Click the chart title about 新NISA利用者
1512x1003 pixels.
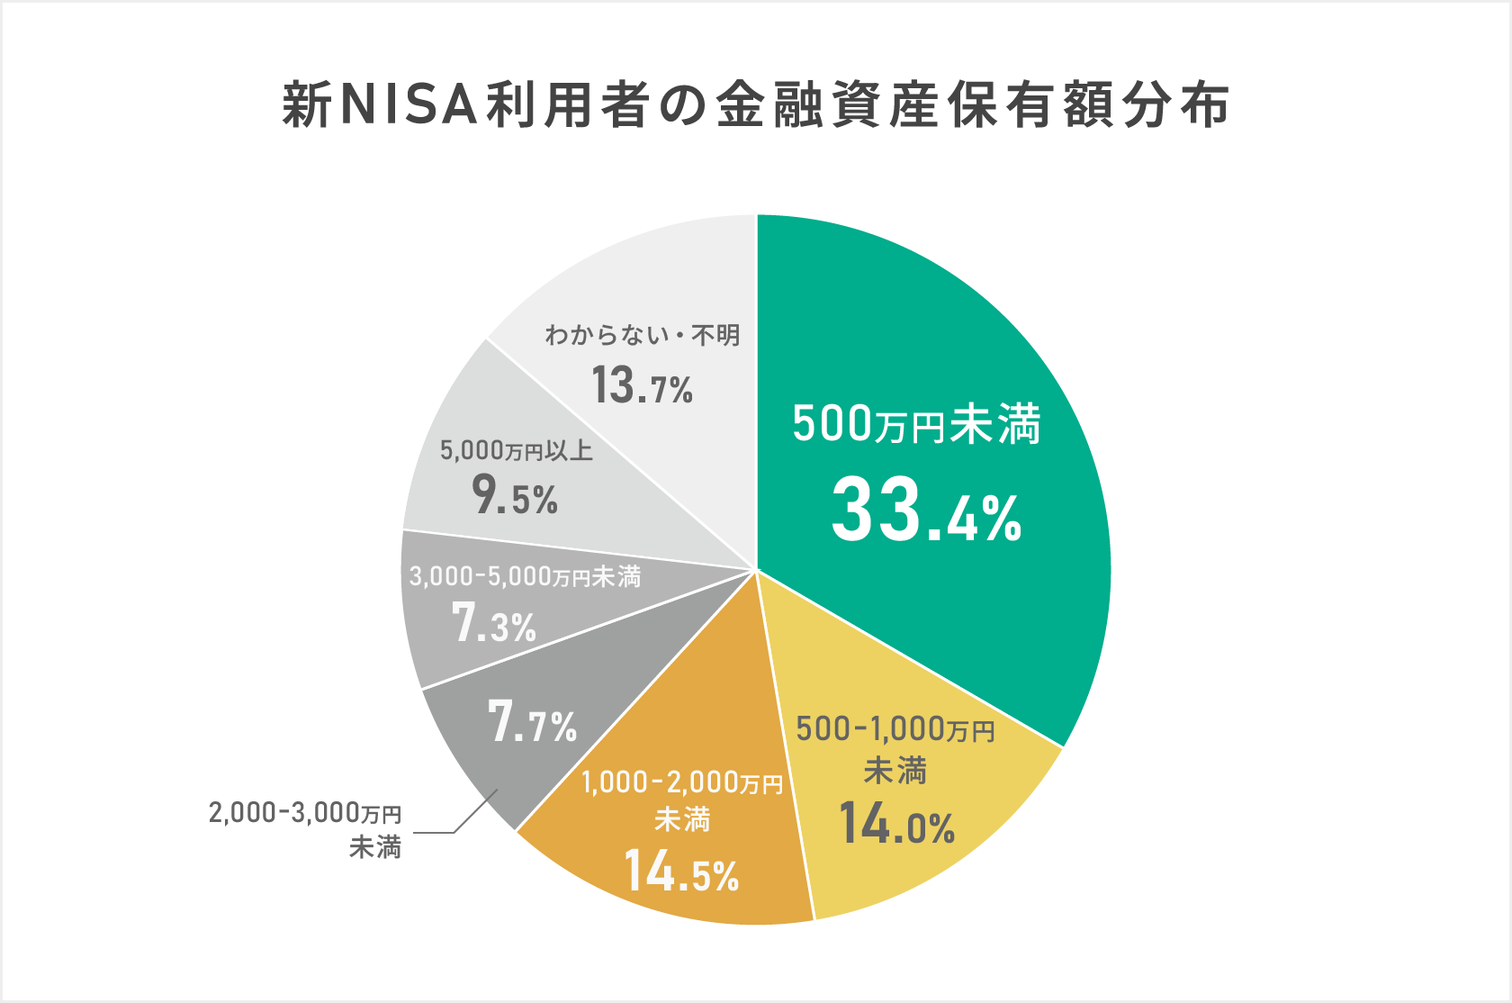[x=756, y=105]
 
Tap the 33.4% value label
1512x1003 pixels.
[x=926, y=511]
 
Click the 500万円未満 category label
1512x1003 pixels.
[x=916, y=423]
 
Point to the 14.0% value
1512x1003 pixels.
[x=896, y=824]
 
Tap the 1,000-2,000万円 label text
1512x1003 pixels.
[x=682, y=800]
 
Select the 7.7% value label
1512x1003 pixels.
[x=532, y=723]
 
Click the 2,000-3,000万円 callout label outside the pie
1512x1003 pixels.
[x=305, y=829]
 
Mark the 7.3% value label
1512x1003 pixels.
[x=494, y=624]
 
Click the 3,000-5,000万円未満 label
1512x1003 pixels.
[x=525, y=576]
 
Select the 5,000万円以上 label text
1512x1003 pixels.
[x=517, y=450]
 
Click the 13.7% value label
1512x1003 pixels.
[x=642, y=385]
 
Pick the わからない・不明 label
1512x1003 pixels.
[x=642, y=336]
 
